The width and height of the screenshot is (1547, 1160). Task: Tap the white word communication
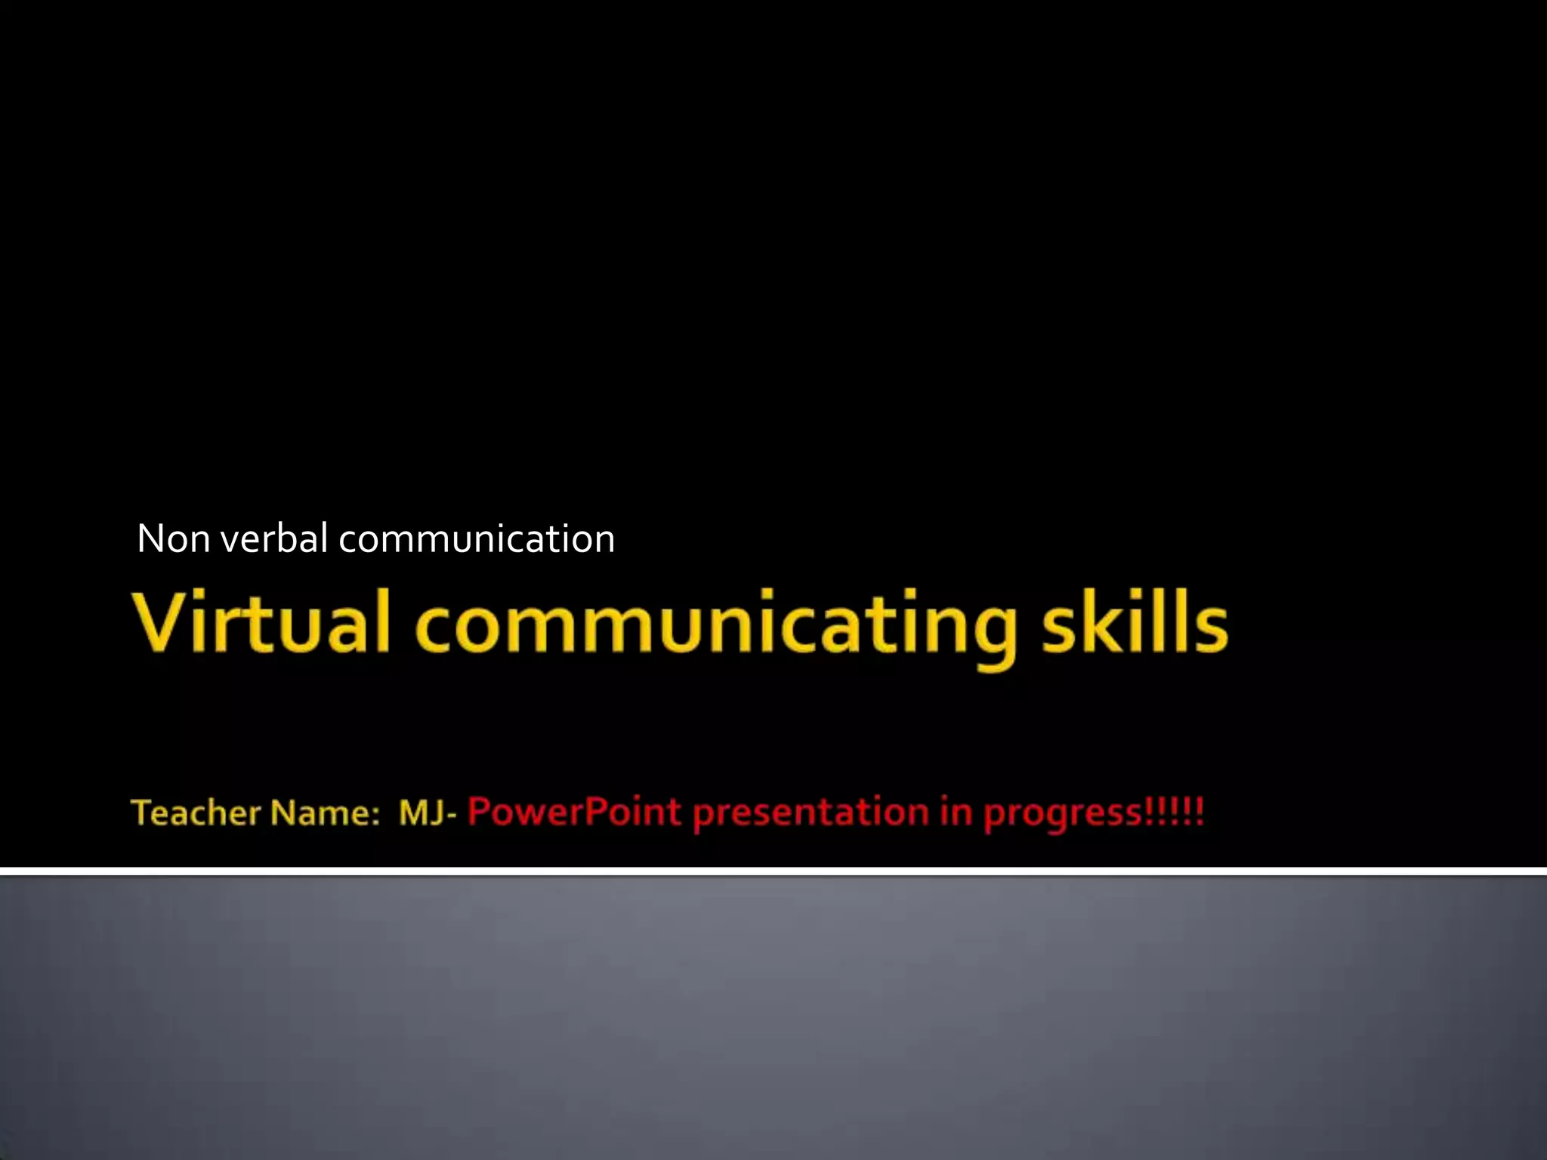point(477,539)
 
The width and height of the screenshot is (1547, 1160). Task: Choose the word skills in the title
point(1135,622)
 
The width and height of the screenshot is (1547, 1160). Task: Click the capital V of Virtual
point(160,622)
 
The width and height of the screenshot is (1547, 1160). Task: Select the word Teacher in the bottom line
point(196,813)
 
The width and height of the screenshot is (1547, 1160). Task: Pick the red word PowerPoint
point(574,813)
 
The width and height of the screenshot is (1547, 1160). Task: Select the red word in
point(956,813)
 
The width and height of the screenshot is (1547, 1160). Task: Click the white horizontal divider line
point(773,872)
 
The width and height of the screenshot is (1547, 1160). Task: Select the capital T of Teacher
point(142,813)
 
